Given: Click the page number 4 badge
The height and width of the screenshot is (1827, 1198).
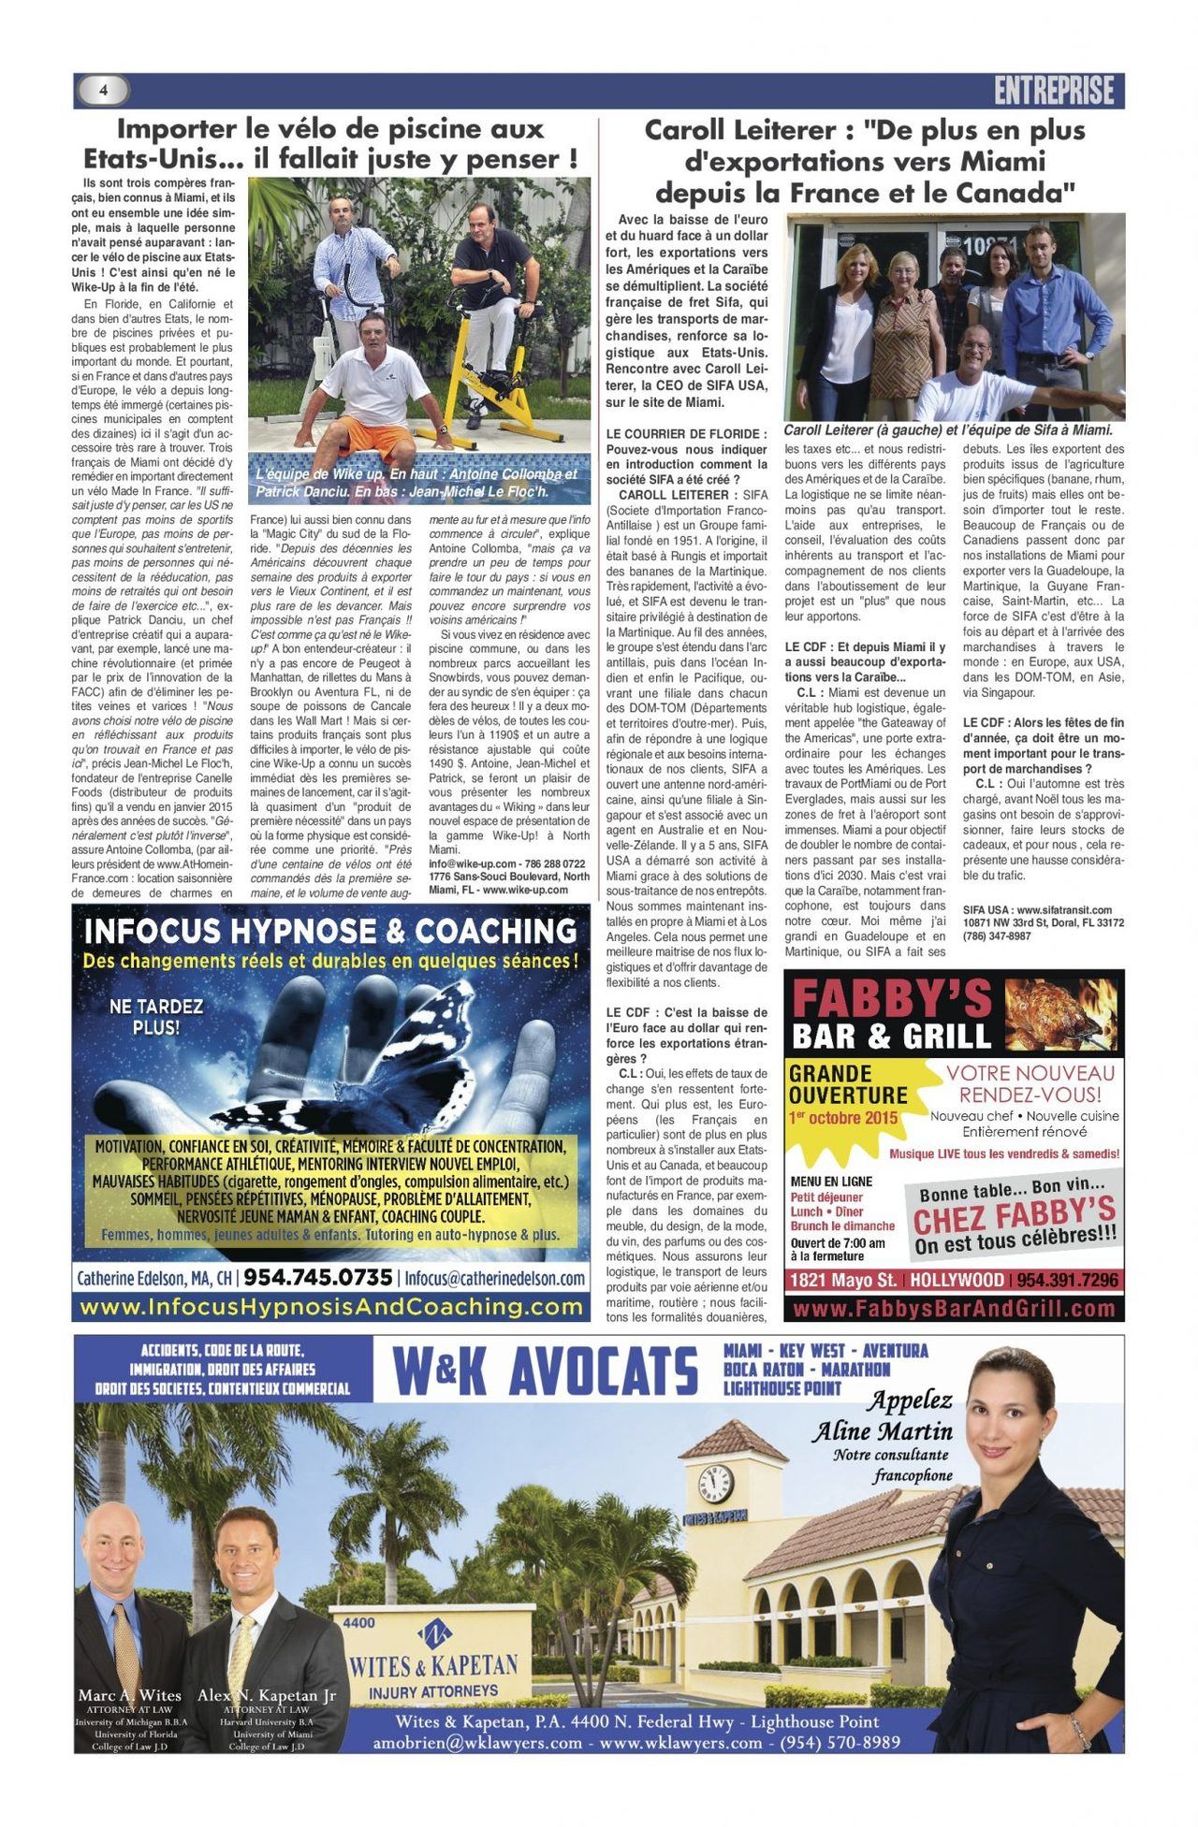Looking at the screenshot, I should pyautogui.click(x=104, y=90).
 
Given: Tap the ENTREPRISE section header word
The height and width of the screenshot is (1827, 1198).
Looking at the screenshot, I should pyautogui.click(x=1054, y=91).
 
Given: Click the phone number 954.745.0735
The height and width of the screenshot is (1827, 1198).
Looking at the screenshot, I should pyautogui.click(x=318, y=1278).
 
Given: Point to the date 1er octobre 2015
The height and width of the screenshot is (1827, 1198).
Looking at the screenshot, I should pyautogui.click(x=842, y=1118).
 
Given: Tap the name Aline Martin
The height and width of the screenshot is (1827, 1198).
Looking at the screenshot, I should pyautogui.click(x=882, y=1431).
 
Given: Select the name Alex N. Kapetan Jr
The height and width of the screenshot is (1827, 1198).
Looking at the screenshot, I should pyautogui.click(x=267, y=1695).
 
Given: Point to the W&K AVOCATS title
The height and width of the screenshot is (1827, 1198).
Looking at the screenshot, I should pyautogui.click(x=546, y=1372).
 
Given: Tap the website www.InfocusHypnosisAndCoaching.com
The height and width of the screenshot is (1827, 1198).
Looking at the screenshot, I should pyautogui.click(x=331, y=1307).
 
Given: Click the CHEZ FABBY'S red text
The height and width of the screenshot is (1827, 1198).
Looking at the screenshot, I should pyautogui.click(x=1014, y=1217).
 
